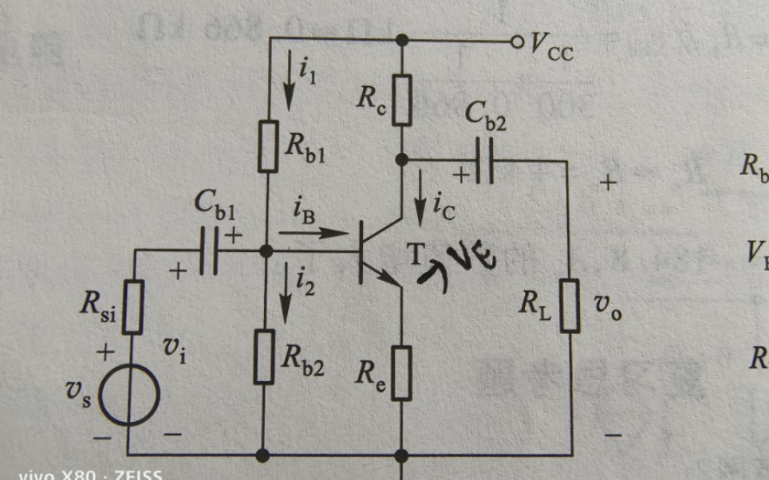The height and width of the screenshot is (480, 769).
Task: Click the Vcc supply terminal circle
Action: point(516,40)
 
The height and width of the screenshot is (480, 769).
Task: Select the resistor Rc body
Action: point(402,100)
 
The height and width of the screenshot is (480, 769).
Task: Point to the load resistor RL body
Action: point(569,305)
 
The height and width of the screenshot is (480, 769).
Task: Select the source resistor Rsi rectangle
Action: point(133,307)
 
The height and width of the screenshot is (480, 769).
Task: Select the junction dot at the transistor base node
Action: point(266,250)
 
